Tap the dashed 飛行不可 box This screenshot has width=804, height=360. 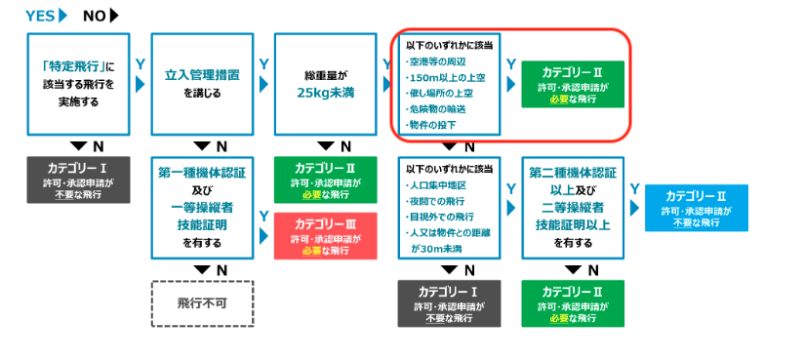pos(202,303)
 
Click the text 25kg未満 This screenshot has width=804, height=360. pos(327,95)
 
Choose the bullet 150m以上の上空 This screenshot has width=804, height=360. pos(447,78)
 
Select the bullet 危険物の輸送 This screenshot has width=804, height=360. pos(441,109)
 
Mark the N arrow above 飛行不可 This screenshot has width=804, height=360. pos(202,269)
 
